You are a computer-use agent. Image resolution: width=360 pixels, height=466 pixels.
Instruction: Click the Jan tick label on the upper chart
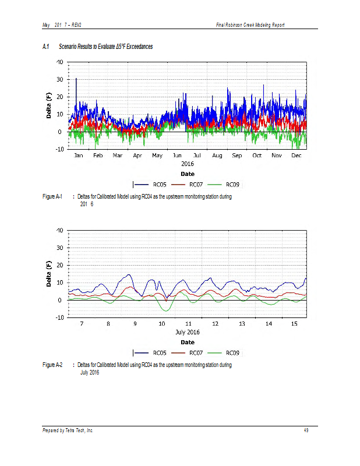tap(79, 156)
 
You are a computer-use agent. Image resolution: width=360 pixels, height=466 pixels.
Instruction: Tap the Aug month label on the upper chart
tap(217, 156)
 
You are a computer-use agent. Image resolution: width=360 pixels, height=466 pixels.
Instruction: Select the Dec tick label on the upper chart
tap(296, 156)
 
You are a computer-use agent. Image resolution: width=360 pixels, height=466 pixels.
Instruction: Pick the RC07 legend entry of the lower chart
tap(196, 352)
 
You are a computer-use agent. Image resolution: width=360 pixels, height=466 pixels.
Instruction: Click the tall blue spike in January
tap(76, 80)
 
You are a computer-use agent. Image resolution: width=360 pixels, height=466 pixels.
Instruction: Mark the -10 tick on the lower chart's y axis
tap(59, 317)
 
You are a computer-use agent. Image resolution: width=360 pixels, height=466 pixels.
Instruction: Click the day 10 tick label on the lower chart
tap(161, 323)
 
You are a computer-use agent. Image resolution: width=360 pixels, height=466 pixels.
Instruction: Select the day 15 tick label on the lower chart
tap(294, 323)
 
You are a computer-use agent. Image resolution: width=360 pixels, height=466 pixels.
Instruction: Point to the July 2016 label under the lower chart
tap(188, 332)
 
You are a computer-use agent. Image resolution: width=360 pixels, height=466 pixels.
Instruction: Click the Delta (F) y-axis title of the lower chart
tap(50, 274)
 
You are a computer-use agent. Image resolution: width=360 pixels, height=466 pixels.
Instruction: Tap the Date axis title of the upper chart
tap(188, 174)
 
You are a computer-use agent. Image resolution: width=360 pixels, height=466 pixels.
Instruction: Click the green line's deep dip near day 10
tap(167, 310)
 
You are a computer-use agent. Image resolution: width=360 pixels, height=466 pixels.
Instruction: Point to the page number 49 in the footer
tap(306, 430)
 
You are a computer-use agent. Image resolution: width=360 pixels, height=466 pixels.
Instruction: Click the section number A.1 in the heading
tap(45, 47)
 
